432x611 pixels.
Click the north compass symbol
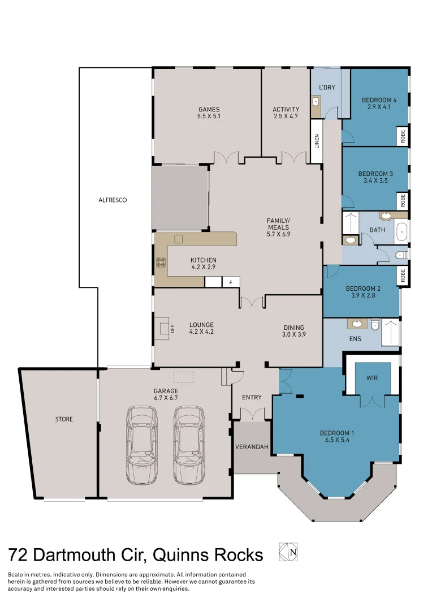click(288, 552)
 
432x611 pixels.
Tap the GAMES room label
click(209, 110)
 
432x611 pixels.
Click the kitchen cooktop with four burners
click(161, 262)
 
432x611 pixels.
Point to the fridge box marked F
click(230, 282)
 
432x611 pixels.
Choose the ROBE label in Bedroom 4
click(403, 136)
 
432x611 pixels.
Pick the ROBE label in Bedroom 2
click(403, 276)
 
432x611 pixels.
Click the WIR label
click(372, 378)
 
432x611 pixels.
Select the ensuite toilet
click(374, 324)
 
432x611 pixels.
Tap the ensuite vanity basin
click(357, 324)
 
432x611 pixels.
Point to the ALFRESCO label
click(113, 200)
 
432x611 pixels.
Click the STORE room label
click(64, 419)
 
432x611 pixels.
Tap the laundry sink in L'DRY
click(316, 102)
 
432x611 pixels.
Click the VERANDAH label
click(252, 447)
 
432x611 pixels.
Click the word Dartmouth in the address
click(95, 554)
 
